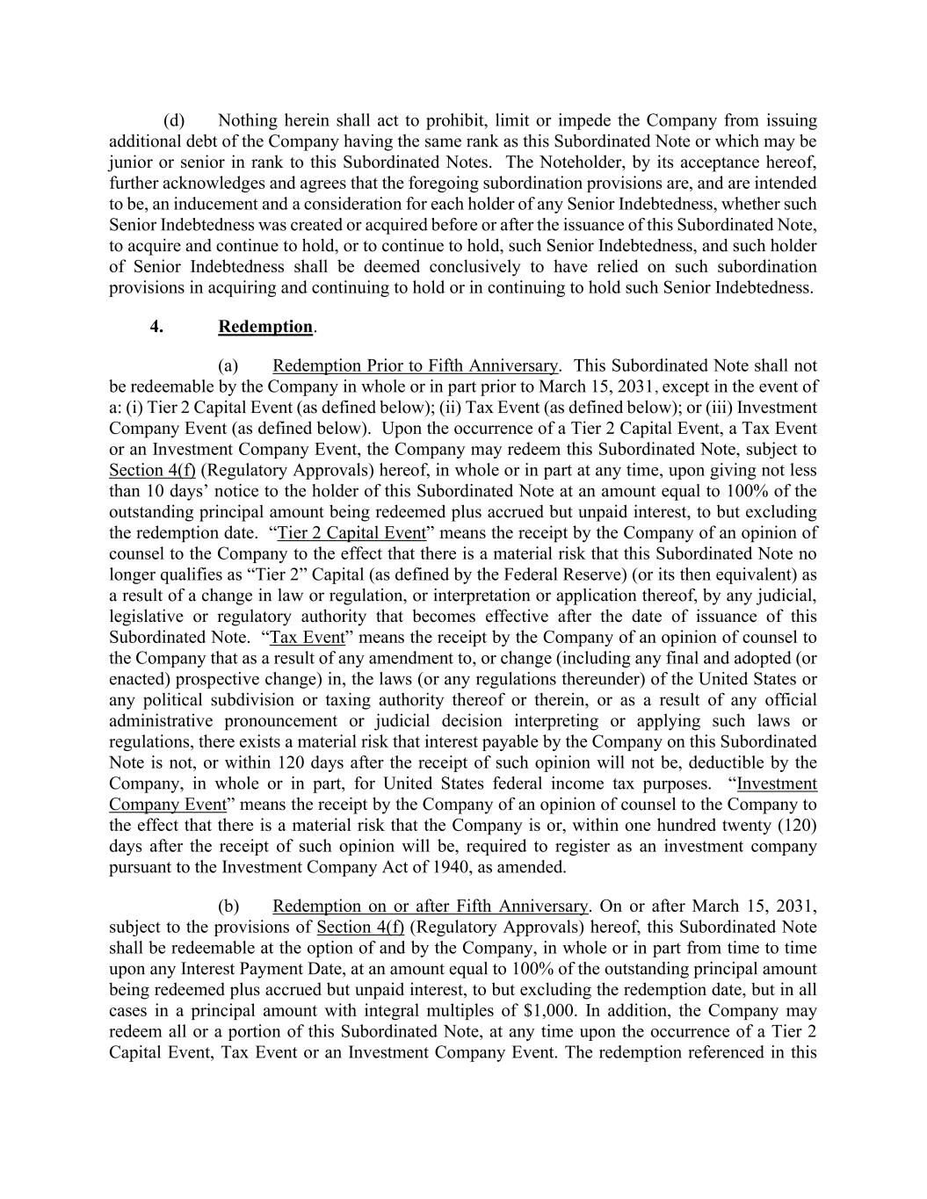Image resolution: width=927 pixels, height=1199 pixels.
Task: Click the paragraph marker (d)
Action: [x=174, y=120]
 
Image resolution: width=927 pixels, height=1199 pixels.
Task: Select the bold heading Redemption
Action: [x=265, y=327]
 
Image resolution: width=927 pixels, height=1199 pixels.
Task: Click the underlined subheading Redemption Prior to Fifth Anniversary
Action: [x=415, y=365]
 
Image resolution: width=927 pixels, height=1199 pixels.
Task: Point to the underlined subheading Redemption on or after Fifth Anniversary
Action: [x=430, y=906]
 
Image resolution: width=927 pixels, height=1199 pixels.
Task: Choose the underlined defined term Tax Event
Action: [x=307, y=638]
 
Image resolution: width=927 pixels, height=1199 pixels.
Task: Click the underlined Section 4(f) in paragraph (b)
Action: [x=360, y=928]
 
